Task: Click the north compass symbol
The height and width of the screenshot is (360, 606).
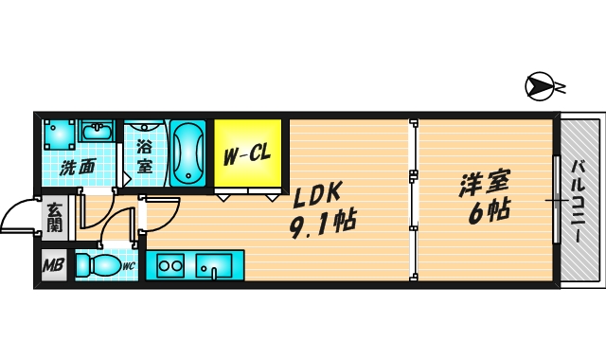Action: pos(539,87)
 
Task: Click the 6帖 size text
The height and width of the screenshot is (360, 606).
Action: pos(489,210)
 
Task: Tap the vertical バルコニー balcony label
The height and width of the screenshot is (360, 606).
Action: pos(579,201)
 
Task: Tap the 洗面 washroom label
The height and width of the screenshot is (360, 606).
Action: pos(78,169)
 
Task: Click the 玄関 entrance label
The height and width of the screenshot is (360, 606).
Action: pos(53,218)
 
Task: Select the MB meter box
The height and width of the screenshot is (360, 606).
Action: pos(53,266)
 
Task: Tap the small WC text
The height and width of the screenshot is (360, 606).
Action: pos(129,267)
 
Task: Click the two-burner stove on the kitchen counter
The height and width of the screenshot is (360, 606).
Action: pos(170,266)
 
